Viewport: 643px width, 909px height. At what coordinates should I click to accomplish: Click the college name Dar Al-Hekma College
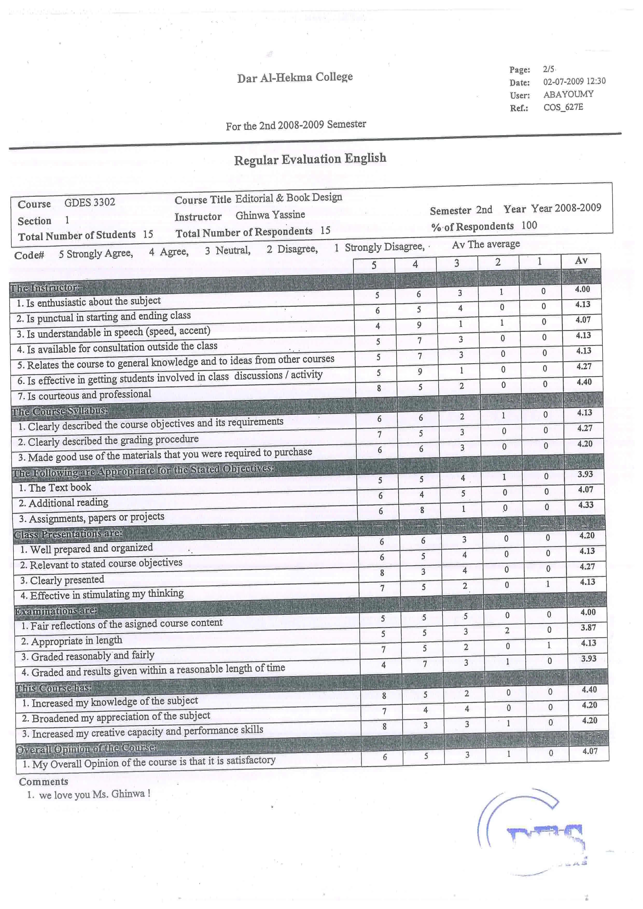[295, 77]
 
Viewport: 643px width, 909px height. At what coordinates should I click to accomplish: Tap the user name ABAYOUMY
[568, 94]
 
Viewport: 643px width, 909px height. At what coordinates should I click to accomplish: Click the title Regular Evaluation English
[310, 159]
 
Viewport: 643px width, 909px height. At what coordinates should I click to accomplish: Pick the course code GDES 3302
[90, 202]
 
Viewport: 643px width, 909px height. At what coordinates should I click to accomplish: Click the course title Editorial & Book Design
[288, 198]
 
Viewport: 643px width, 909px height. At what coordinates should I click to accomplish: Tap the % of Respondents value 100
[529, 225]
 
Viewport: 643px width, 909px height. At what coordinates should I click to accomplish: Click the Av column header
[581, 261]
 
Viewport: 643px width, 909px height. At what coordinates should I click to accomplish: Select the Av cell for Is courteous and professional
[584, 382]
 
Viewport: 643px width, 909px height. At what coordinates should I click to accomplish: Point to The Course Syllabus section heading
[59, 411]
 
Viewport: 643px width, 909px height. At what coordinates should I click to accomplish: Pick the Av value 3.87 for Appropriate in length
[588, 627]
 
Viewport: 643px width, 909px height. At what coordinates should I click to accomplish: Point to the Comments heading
[44, 781]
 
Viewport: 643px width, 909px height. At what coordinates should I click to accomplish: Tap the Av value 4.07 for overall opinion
[590, 751]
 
